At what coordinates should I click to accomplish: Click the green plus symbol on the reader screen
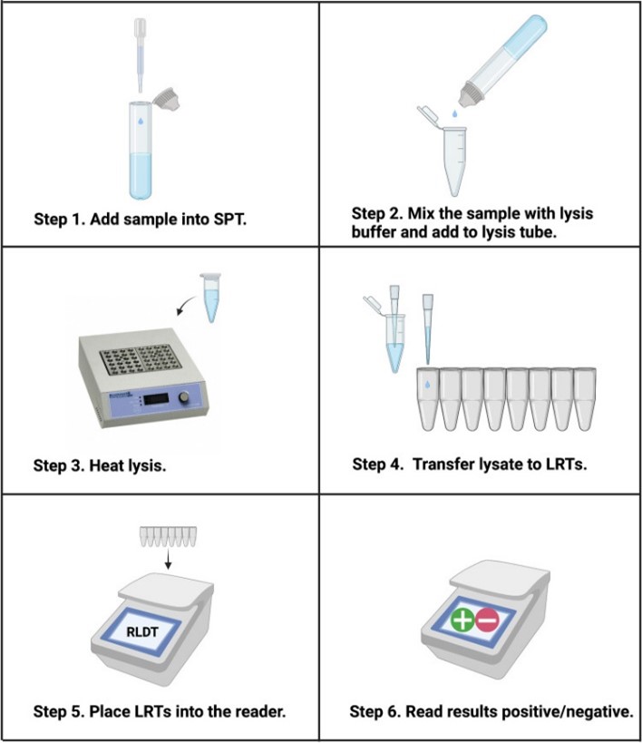(x=462, y=620)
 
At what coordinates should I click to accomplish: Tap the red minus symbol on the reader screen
(x=487, y=620)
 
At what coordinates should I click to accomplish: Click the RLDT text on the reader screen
(x=142, y=631)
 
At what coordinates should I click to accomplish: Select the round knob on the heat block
(x=184, y=397)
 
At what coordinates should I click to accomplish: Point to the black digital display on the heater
(x=157, y=399)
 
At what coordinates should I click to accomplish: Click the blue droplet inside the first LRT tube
(x=427, y=385)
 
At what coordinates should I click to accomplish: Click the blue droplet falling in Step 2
(x=454, y=113)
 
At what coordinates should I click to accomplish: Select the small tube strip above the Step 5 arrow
(x=168, y=536)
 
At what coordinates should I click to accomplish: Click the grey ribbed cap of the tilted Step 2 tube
(x=471, y=93)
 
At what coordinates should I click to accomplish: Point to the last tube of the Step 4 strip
(x=585, y=399)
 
